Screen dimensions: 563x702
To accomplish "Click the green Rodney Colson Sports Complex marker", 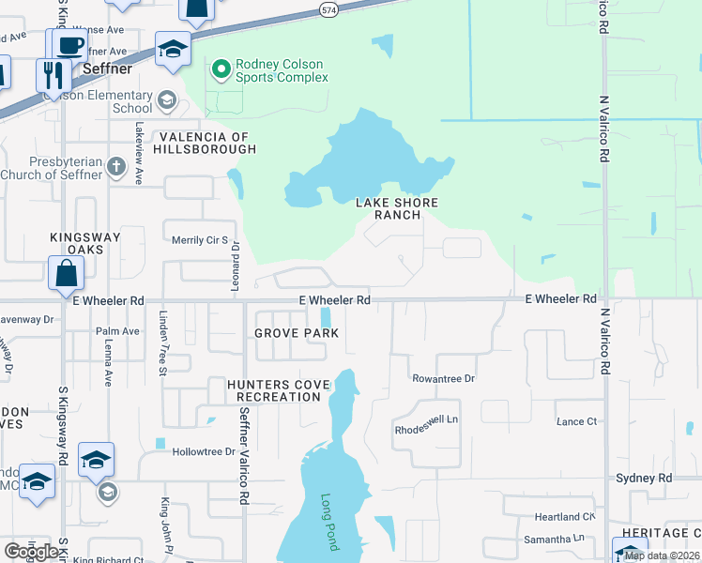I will pos(221,68).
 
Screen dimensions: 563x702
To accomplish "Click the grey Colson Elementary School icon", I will pos(166,99).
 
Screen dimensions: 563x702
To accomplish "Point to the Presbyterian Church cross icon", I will pos(115,167).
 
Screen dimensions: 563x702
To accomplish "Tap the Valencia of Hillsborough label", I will pos(194,143).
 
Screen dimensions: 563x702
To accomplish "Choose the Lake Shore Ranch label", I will pos(396,208).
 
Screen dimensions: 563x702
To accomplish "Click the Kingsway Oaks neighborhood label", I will pos(85,244).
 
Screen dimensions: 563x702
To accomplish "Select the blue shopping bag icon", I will pos(67,273).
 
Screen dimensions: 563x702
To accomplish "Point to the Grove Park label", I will pos(297,333).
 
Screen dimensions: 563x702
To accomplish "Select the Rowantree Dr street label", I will pos(444,378).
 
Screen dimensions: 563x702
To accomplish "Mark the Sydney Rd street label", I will pos(644,478).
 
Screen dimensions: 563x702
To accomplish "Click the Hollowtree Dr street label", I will pos(204,451).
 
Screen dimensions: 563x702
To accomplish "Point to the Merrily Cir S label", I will pos(200,240).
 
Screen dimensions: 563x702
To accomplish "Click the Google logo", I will pos(32,552).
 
